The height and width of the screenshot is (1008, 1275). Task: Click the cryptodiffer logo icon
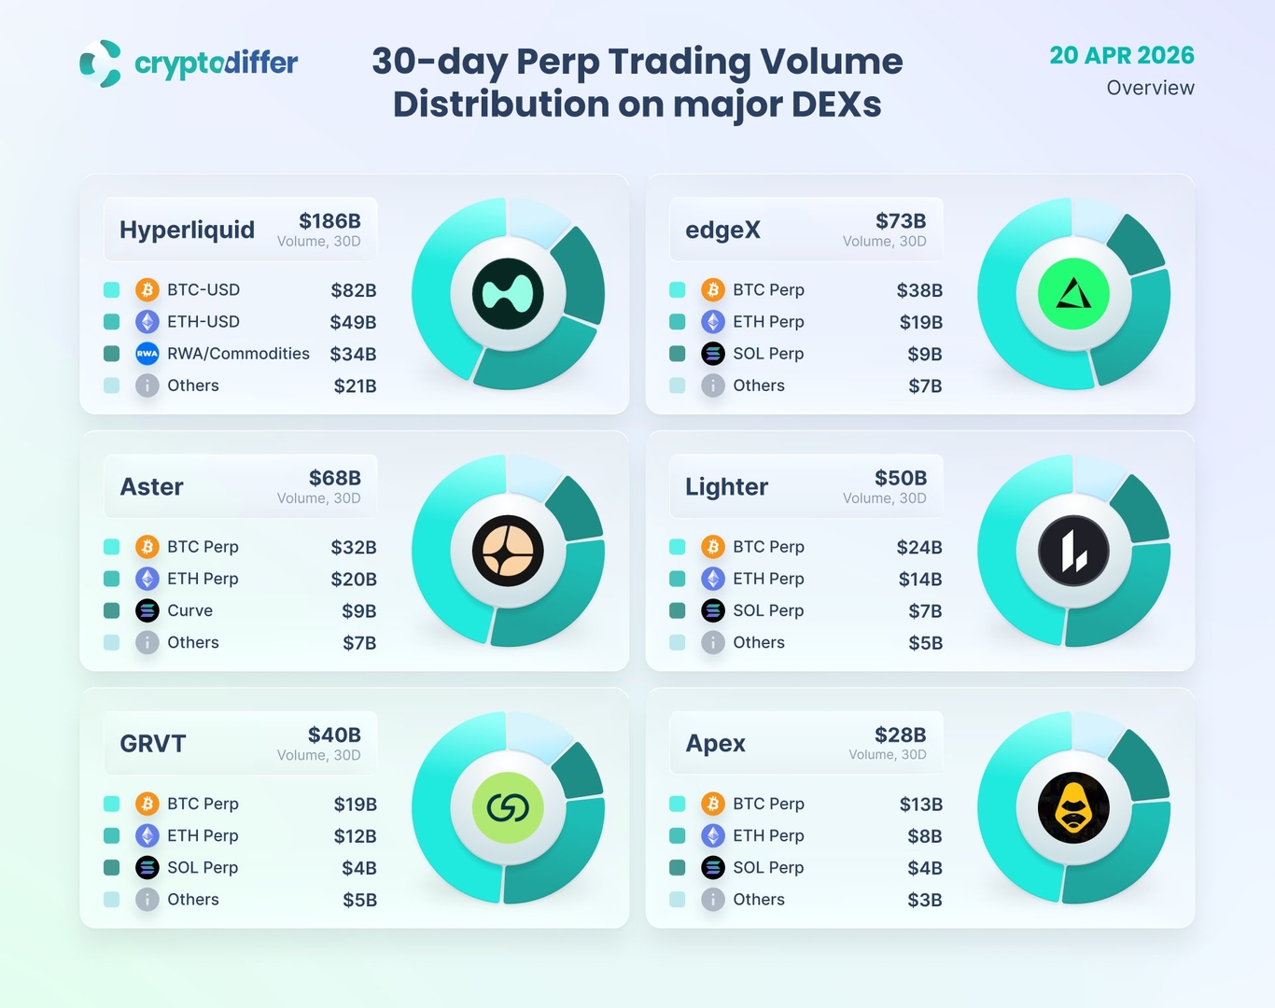(x=100, y=63)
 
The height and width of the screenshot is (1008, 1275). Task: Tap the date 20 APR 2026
(x=1121, y=55)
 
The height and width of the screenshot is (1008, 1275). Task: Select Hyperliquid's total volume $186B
(x=329, y=221)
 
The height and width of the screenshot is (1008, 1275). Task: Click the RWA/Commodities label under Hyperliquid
(x=238, y=354)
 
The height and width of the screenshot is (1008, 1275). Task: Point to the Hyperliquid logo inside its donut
(x=508, y=294)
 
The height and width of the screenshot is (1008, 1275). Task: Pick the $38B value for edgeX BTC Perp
(x=918, y=290)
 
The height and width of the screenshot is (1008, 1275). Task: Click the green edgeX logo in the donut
(x=1073, y=294)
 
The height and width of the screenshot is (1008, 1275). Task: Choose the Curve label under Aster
(x=189, y=610)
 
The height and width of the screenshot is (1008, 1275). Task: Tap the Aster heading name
(x=152, y=486)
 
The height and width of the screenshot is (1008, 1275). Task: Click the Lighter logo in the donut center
(x=1073, y=551)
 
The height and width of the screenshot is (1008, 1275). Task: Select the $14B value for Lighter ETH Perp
(x=919, y=580)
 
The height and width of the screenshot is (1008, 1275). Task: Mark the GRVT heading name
(x=153, y=744)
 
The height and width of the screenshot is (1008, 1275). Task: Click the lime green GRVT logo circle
(x=508, y=807)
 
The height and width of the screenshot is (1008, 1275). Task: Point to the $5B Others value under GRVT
(x=359, y=900)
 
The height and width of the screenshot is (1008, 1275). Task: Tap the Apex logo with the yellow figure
(x=1073, y=807)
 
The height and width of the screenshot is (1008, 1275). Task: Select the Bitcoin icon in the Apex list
(x=713, y=804)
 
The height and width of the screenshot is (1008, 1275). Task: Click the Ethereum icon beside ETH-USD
(x=147, y=322)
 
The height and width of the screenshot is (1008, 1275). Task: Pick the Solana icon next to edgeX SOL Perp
(x=713, y=354)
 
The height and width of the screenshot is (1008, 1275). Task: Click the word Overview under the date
(x=1150, y=88)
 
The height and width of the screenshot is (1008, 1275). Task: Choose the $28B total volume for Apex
(x=900, y=735)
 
